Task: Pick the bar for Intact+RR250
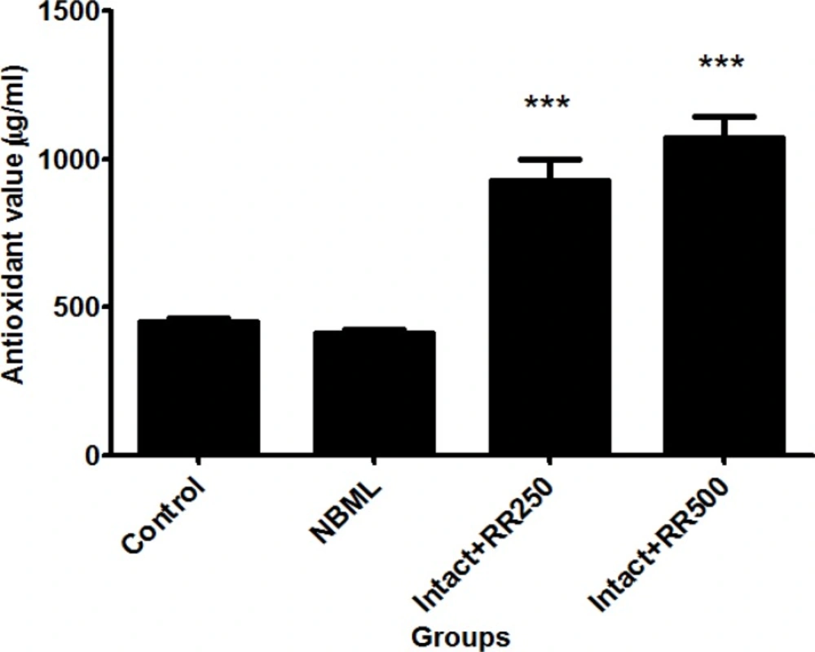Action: [x=549, y=317]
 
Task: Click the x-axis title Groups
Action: [x=461, y=635]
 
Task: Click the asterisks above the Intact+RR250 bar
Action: [x=548, y=104]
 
